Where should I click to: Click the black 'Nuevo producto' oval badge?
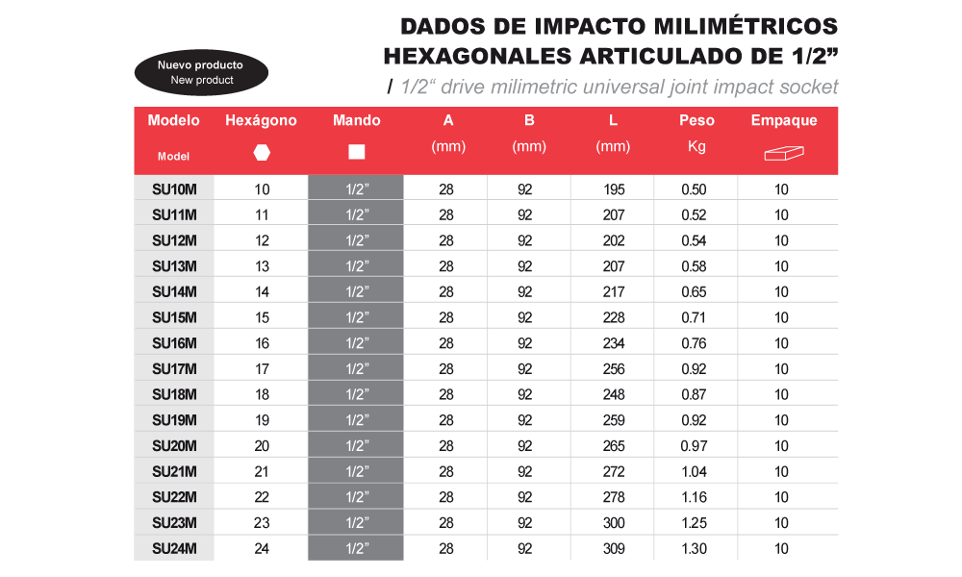click(201, 72)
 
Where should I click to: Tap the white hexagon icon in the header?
click(262, 152)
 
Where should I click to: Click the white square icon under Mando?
click(357, 152)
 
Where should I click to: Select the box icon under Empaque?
click(783, 153)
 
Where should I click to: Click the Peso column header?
click(696, 121)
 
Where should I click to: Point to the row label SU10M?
click(174, 189)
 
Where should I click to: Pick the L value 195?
click(613, 189)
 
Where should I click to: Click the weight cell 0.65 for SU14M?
click(694, 291)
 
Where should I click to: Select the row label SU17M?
click(174, 368)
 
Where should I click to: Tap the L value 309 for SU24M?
click(613, 548)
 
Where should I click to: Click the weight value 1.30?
click(694, 548)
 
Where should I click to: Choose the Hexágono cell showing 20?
click(262, 445)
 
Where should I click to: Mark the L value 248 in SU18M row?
click(613, 394)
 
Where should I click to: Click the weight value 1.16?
click(694, 497)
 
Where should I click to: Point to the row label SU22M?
click(174, 497)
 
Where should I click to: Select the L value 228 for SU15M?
click(613, 317)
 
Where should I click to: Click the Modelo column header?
click(174, 121)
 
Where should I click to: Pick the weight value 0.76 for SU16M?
click(694, 343)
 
